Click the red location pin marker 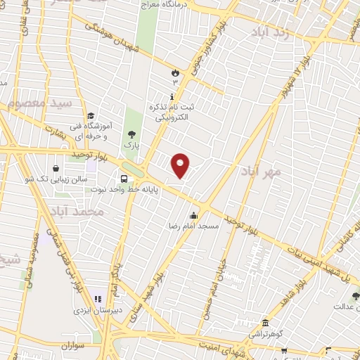pyautogui.click(x=181, y=165)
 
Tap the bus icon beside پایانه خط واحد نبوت pyautogui.click(x=124, y=178)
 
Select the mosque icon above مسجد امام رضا pyautogui.click(x=193, y=215)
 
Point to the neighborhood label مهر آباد pyautogui.click(x=260, y=171)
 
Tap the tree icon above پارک pyautogui.click(x=131, y=134)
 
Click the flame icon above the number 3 pyautogui.click(x=175, y=72)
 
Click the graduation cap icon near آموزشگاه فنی pyautogui.click(x=91, y=116)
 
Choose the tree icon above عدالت pyautogui.click(x=356, y=296)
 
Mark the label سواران pyautogui.click(x=72, y=347)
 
